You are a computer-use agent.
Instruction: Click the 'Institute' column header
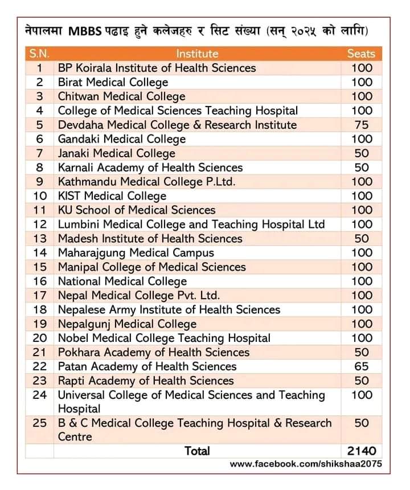click(197, 54)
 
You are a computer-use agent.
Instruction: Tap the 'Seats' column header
click(361, 54)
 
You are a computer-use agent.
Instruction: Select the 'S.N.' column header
click(39, 54)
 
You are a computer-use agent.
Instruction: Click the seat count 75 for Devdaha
click(361, 125)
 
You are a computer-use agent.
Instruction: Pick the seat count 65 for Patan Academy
click(361, 366)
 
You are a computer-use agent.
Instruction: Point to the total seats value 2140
click(361, 451)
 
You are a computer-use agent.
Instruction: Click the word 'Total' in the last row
click(197, 451)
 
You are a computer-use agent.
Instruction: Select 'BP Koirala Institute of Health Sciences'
click(157, 68)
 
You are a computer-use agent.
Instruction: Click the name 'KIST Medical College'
click(112, 196)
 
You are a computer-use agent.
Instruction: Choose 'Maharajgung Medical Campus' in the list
click(136, 252)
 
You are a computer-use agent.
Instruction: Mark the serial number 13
click(39, 239)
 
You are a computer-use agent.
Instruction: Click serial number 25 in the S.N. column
click(39, 423)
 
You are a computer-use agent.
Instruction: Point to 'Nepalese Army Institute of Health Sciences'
click(169, 309)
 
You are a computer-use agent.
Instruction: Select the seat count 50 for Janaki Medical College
click(361, 153)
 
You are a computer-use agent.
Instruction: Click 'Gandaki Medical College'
click(122, 139)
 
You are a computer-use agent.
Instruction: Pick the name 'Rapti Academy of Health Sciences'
click(146, 381)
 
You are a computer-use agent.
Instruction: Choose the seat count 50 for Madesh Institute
click(361, 239)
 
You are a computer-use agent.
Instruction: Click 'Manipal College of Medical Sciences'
click(152, 267)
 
